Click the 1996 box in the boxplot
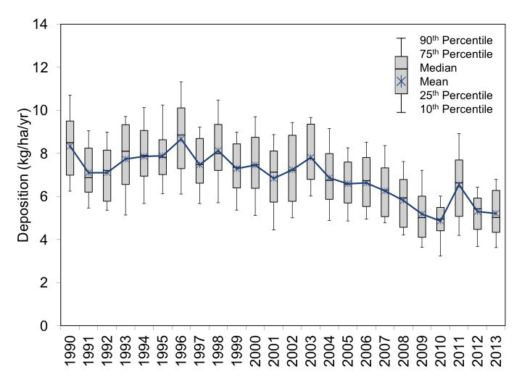tap(181, 138)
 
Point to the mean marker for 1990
tap(69, 147)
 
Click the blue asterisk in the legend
tap(401, 82)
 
